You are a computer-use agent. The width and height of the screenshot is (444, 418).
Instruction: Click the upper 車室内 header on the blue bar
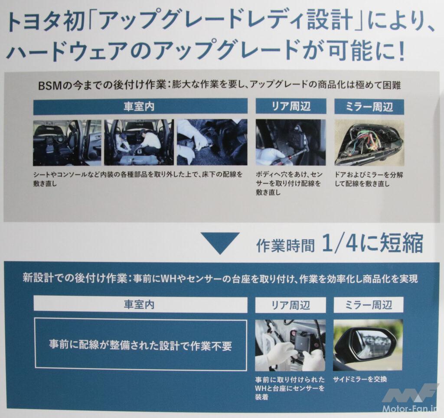click(x=140, y=106)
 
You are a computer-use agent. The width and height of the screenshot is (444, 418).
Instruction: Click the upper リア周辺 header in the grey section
click(x=291, y=106)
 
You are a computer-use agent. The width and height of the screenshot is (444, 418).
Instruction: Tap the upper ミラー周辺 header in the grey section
click(x=369, y=107)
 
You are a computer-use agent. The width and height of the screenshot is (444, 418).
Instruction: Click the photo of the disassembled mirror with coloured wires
click(x=369, y=143)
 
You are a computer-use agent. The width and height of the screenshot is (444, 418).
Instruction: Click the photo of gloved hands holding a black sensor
click(x=290, y=346)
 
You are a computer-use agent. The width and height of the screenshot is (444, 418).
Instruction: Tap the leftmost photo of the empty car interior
click(x=67, y=143)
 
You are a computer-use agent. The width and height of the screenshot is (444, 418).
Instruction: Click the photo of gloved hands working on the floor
click(x=212, y=143)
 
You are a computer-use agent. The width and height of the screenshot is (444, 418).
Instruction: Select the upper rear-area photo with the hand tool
click(x=291, y=143)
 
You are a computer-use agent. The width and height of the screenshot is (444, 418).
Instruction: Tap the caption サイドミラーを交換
click(x=360, y=379)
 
